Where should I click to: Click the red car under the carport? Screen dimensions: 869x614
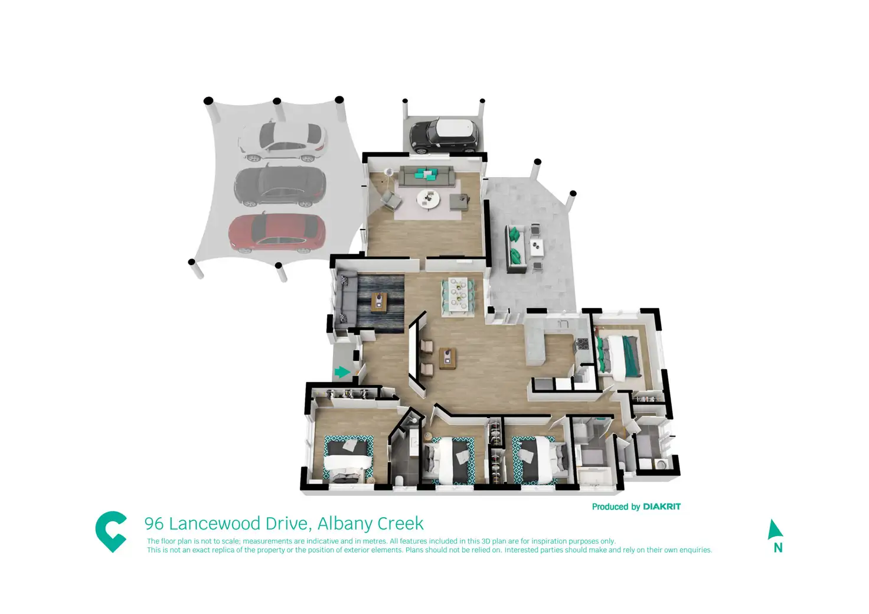click(x=277, y=231)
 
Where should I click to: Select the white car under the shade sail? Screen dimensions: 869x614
click(x=282, y=142)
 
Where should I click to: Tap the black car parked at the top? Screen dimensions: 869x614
click(x=443, y=135)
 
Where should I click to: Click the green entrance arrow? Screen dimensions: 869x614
click(x=342, y=372)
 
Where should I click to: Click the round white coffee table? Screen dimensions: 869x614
click(x=428, y=199)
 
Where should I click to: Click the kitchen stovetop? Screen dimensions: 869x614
click(x=583, y=344)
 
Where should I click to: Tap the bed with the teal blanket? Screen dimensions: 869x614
click(x=619, y=356)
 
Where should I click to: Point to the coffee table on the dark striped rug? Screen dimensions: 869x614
click(x=378, y=302)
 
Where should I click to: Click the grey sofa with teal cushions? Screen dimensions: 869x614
click(x=426, y=175)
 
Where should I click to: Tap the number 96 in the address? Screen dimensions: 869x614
click(x=154, y=524)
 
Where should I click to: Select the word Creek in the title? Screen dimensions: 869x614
click(x=400, y=524)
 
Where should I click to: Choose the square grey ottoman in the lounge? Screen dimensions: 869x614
click(x=459, y=203)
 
